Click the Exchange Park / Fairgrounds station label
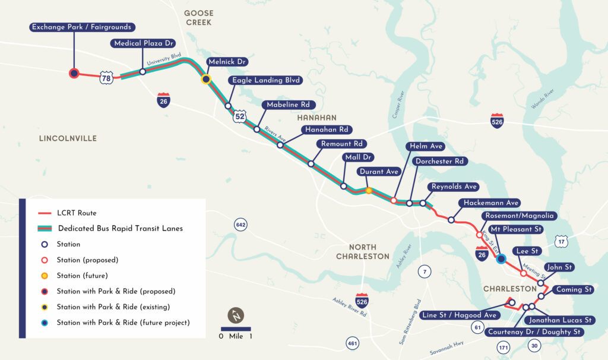(x=82, y=27)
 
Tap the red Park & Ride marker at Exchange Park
(x=74, y=73)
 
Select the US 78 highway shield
(x=106, y=78)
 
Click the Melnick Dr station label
(x=227, y=62)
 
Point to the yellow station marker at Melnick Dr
(x=205, y=79)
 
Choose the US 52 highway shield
(x=239, y=116)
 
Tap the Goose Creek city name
(x=198, y=18)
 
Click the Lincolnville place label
(x=68, y=138)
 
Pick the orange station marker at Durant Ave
(x=369, y=191)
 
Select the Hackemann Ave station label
(x=492, y=203)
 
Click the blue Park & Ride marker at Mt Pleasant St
(x=501, y=258)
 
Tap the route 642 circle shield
(x=240, y=225)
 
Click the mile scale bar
(x=236, y=329)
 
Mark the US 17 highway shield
(x=562, y=241)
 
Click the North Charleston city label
(x=363, y=251)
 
